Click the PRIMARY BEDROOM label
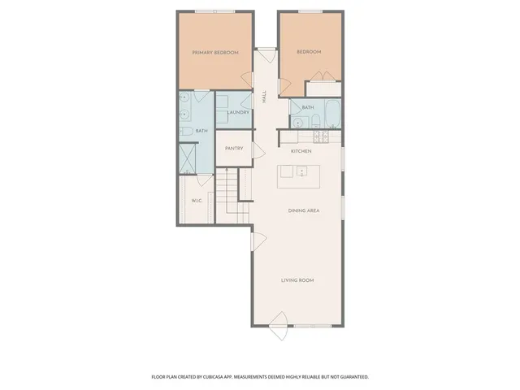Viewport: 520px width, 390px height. (215, 53)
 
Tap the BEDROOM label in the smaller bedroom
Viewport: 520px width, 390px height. (309, 52)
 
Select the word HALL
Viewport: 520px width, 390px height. (264, 97)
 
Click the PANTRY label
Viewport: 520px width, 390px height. (234, 149)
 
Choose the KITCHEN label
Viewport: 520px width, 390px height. (302, 150)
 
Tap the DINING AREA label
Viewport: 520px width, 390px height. (303, 211)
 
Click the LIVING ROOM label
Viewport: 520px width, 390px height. (297, 280)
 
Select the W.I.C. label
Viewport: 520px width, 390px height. (197, 201)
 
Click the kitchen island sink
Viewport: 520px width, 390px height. (300, 171)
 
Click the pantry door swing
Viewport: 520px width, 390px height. (259, 150)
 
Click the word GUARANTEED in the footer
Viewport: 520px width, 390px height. (352, 377)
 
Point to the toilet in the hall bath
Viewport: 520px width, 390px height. (298, 123)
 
